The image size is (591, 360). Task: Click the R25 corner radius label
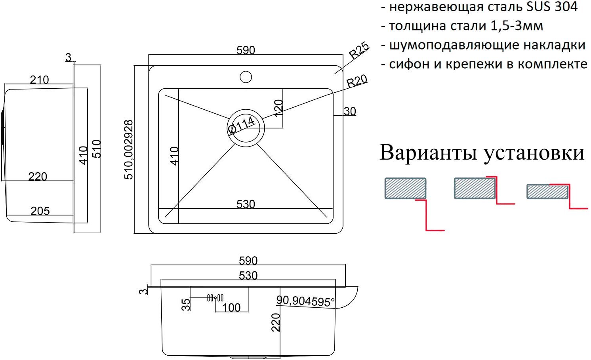click(x=359, y=50)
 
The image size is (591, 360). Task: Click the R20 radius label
click(x=357, y=81)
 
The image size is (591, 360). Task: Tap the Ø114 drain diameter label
click(x=241, y=125)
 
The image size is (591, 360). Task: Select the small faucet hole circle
click(x=246, y=77)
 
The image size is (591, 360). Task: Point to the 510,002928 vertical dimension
click(x=129, y=150)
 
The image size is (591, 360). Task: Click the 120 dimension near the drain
click(x=278, y=108)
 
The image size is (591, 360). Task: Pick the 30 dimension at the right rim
click(x=350, y=111)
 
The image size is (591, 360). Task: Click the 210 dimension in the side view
click(x=39, y=80)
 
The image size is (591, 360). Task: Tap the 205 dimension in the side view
click(x=40, y=211)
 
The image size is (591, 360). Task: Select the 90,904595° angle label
click(x=305, y=301)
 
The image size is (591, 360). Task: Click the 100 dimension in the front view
click(x=231, y=307)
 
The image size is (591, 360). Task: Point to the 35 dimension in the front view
click(x=186, y=305)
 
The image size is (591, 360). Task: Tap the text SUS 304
click(x=552, y=7)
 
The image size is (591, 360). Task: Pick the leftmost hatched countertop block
click(x=405, y=188)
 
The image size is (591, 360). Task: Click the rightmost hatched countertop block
click(x=547, y=191)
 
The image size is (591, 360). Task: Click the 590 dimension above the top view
click(x=246, y=50)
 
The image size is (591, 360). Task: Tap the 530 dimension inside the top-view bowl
click(x=246, y=204)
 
